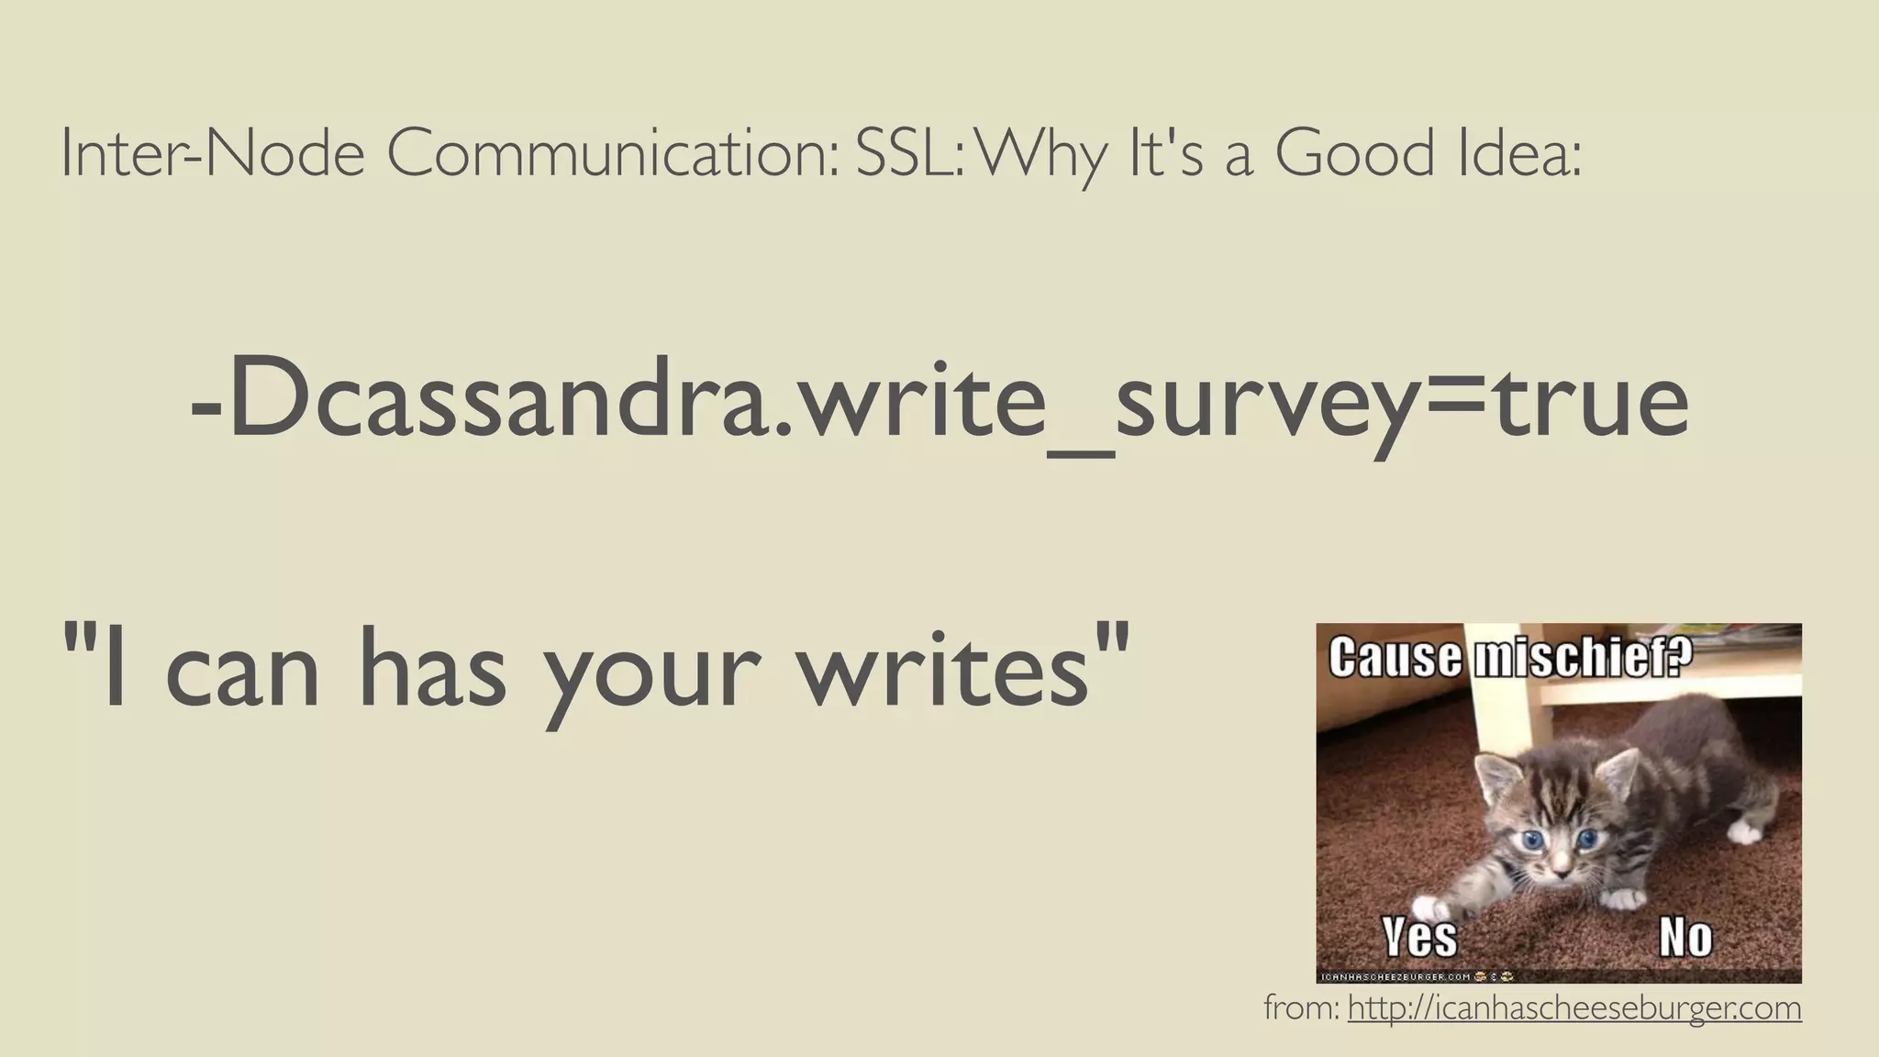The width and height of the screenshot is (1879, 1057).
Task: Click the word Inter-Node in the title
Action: [x=213, y=154]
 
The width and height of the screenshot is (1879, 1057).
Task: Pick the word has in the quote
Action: [x=432, y=665]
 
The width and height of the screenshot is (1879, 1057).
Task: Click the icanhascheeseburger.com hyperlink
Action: [x=1574, y=1008]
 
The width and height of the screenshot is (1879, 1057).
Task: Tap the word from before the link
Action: [x=1301, y=1008]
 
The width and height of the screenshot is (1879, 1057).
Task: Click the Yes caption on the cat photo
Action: [x=1419, y=937]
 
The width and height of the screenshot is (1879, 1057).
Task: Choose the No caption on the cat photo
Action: [x=1684, y=937]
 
